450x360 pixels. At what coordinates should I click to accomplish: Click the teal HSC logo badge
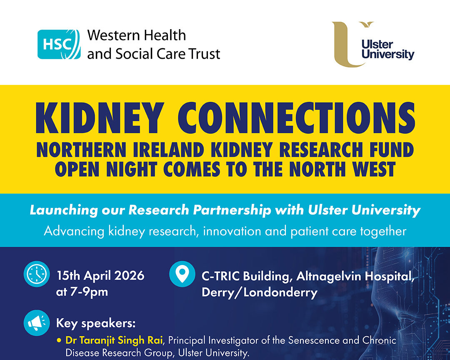tap(59, 45)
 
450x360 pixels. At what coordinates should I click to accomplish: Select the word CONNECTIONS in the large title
tap(296, 118)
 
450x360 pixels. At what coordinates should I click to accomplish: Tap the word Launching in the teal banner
tap(63, 210)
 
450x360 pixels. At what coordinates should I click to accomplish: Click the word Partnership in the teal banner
tap(232, 210)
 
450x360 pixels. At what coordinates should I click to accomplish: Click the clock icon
tap(37, 274)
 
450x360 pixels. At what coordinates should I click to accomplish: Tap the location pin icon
tap(182, 274)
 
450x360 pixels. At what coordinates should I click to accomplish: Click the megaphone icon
tap(37, 323)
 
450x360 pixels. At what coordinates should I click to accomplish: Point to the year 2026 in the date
tap(129, 275)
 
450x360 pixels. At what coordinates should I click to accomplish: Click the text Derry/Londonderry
tap(260, 292)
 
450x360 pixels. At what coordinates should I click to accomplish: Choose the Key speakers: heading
tap(96, 323)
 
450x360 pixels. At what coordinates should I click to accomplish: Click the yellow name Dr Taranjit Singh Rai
tap(114, 340)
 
